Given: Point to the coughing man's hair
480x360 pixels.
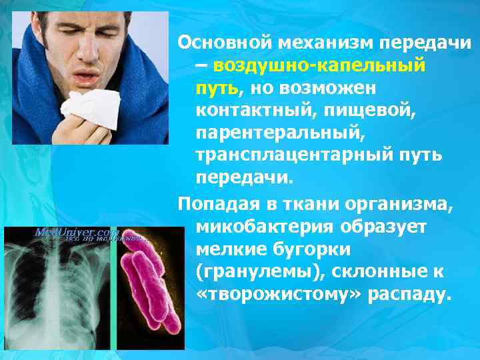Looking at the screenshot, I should [x=93, y=20].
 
